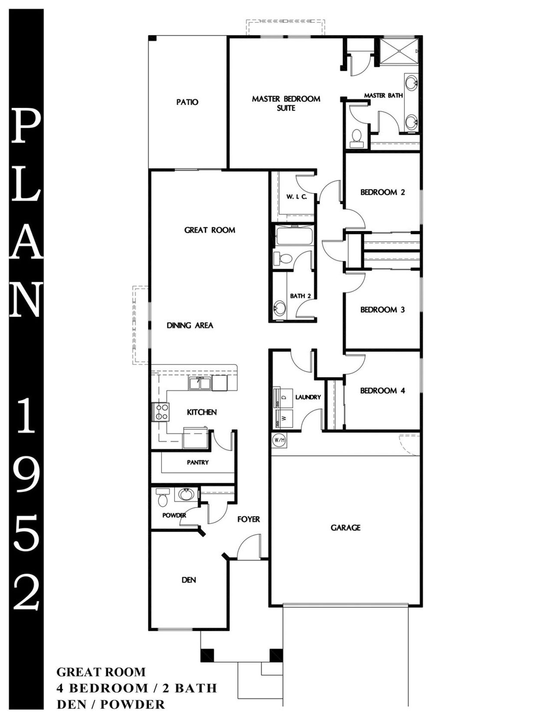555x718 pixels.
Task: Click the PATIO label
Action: (x=187, y=102)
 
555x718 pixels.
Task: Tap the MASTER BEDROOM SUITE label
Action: (x=286, y=103)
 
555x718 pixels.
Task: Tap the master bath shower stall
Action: (x=398, y=51)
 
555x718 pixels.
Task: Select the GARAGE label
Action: (x=346, y=528)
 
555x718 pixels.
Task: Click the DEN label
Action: (x=189, y=580)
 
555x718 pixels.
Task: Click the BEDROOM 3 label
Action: (x=382, y=310)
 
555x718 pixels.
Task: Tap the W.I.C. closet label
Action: (x=297, y=197)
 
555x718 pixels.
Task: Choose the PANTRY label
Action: (x=198, y=463)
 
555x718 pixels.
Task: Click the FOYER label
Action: (x=248, y=519)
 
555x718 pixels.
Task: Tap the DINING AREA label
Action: (x=190, y=325)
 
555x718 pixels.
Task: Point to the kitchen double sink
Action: (x=200, y=383)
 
